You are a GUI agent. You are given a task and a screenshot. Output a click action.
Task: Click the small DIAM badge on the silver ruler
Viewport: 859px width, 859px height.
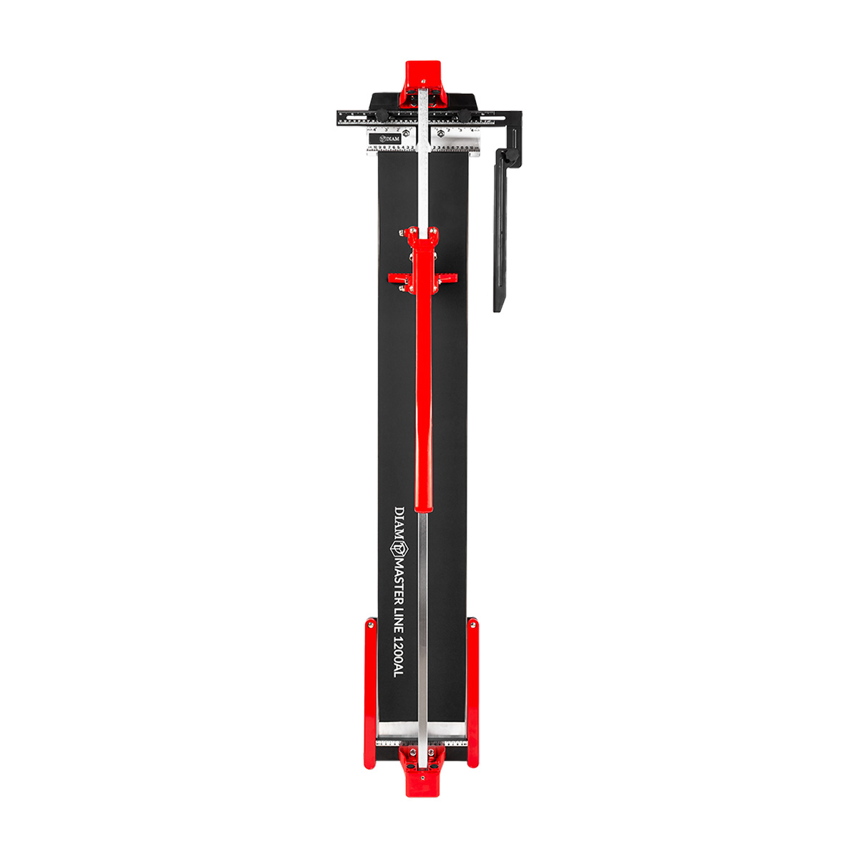(x=389, y=137)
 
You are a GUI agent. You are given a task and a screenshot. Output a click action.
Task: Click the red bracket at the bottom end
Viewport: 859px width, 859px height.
(x=422, y=772)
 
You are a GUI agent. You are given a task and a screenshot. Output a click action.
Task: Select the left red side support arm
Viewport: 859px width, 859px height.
(x=369, y=693)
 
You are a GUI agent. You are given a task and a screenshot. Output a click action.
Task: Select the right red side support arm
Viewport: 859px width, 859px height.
(x=473, y=693)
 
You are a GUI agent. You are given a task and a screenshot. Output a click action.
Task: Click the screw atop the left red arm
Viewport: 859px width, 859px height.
(x=370, y=624)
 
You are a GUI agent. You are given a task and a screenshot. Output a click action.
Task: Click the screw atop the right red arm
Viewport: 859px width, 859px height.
(x=472, y=624)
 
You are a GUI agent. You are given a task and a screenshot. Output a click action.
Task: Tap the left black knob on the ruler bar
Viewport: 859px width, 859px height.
(x=383, y=116)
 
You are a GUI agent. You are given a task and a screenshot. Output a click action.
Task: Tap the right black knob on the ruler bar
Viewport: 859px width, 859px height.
(x=464, y=116)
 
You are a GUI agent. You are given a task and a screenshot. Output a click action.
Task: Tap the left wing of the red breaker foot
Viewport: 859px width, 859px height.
(x=398, y=276)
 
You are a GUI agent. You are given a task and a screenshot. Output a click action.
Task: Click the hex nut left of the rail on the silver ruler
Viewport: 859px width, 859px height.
(x=406, y=132)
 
